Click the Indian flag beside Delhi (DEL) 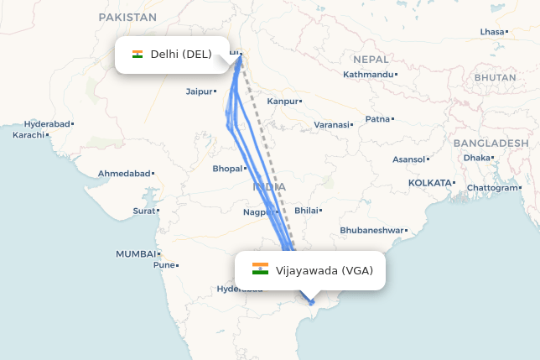pyautogui.click(x=138, y=55)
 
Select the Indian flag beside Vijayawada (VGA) pyautogui.click(x=260, y=269)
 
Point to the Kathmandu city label pyautogui.click(x=367, y=74)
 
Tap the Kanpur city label pyautogui.click(x=282, y=101)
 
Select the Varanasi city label pyautogui.click(x=331, y=124)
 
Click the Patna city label pyautogui.click(x=377, y=118)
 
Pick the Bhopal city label pyautogui.click(x=226, y=169)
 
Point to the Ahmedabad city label pyautogui.click(x=123, y=173)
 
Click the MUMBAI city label pyautogui.click(x=135, y=253)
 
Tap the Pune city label pyautogui.click(x=163, y=265)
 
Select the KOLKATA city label pyautogui.click(x=428, y=182)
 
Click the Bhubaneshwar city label pyautogui.click(x=371, y=230)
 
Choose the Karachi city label pyautogui.click(x=28, y=134)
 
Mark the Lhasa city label pyautogui.click(x=492, y=32)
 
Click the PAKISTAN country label pyautogui.click(x=127, y=17)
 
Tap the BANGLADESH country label pyautogui.click(x=491, y=143)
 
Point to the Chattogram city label pyautogui.click(x=493, y=187)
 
